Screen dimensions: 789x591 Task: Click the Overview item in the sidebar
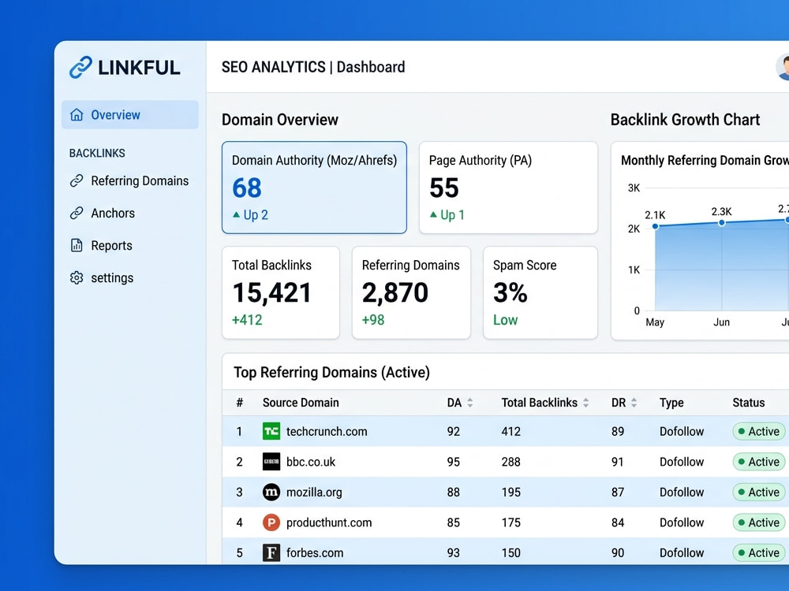[130, 114]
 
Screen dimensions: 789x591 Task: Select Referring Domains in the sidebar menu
[140, 181]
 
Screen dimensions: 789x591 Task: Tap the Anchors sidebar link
[113, 213]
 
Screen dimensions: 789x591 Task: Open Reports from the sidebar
[111, 246]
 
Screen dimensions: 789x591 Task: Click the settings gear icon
[77, 278]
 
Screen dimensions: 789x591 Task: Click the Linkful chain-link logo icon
[80, 67]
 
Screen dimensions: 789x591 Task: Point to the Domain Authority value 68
[246, 188]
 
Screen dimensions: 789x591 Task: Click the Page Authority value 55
[443, 188]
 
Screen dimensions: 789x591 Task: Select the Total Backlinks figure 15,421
[271, 292]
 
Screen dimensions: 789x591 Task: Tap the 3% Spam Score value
[510, 292]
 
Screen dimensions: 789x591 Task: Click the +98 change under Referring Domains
[373, 320]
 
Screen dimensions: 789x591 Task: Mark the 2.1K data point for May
[655, 227]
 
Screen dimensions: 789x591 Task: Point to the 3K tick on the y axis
[634, 188]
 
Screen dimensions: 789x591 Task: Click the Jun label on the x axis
[722, 322]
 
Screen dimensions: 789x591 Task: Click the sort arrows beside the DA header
[470, 403]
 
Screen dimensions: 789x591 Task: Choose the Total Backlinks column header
[539, 403]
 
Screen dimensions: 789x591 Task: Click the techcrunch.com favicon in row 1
[271, 431]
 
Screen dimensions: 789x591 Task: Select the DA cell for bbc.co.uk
[454, 462]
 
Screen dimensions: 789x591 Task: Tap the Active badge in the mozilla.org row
[758, 492]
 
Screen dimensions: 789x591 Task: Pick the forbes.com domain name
[315, 553]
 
